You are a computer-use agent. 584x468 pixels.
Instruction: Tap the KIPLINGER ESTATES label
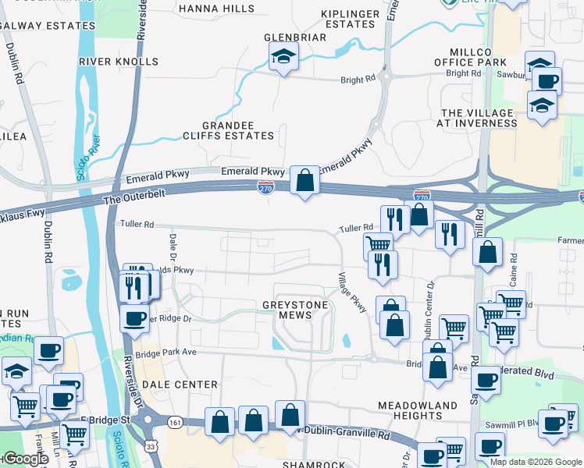click(x=350, y=19)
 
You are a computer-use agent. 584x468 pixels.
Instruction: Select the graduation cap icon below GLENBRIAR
click(x=283, y=57)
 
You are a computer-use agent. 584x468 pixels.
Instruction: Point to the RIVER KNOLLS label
click(x=119, y=61)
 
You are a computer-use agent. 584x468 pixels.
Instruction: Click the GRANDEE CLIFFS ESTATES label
click(x=238, y=130)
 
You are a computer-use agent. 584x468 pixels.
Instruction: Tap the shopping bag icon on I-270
click(x=305, y=181)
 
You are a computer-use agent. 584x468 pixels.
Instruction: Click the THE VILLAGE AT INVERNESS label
click(x=477, y=118)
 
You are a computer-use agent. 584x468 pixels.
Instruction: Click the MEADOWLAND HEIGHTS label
click(x=417, y=410)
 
